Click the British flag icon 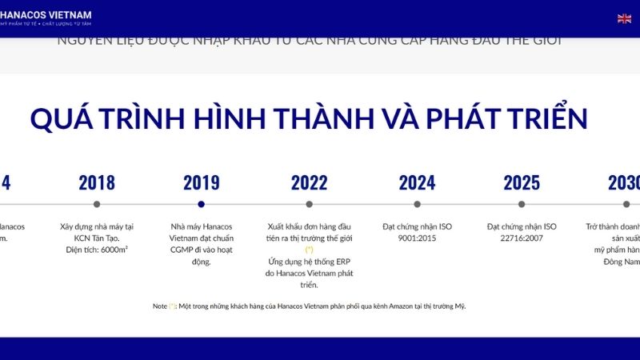(x=624, y=18)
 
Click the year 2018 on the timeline (x=97, y=182)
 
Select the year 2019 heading (x=201, y=182)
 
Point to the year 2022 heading (x=309, y=182)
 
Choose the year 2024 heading (x=417, y=182)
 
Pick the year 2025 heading (x=522, y=182)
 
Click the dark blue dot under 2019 (x=201, y=204)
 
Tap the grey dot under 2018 (x=97, y=204)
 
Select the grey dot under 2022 (x=309, y=204)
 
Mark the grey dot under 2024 (x=417, y=204)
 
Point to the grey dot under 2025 (x=522, y=204)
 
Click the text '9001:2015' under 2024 (x=417, y=238)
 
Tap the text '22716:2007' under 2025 (x=522, y=238)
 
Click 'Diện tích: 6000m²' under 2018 (x=97, y=250)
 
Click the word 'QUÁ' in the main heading (x=63, y=118)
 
